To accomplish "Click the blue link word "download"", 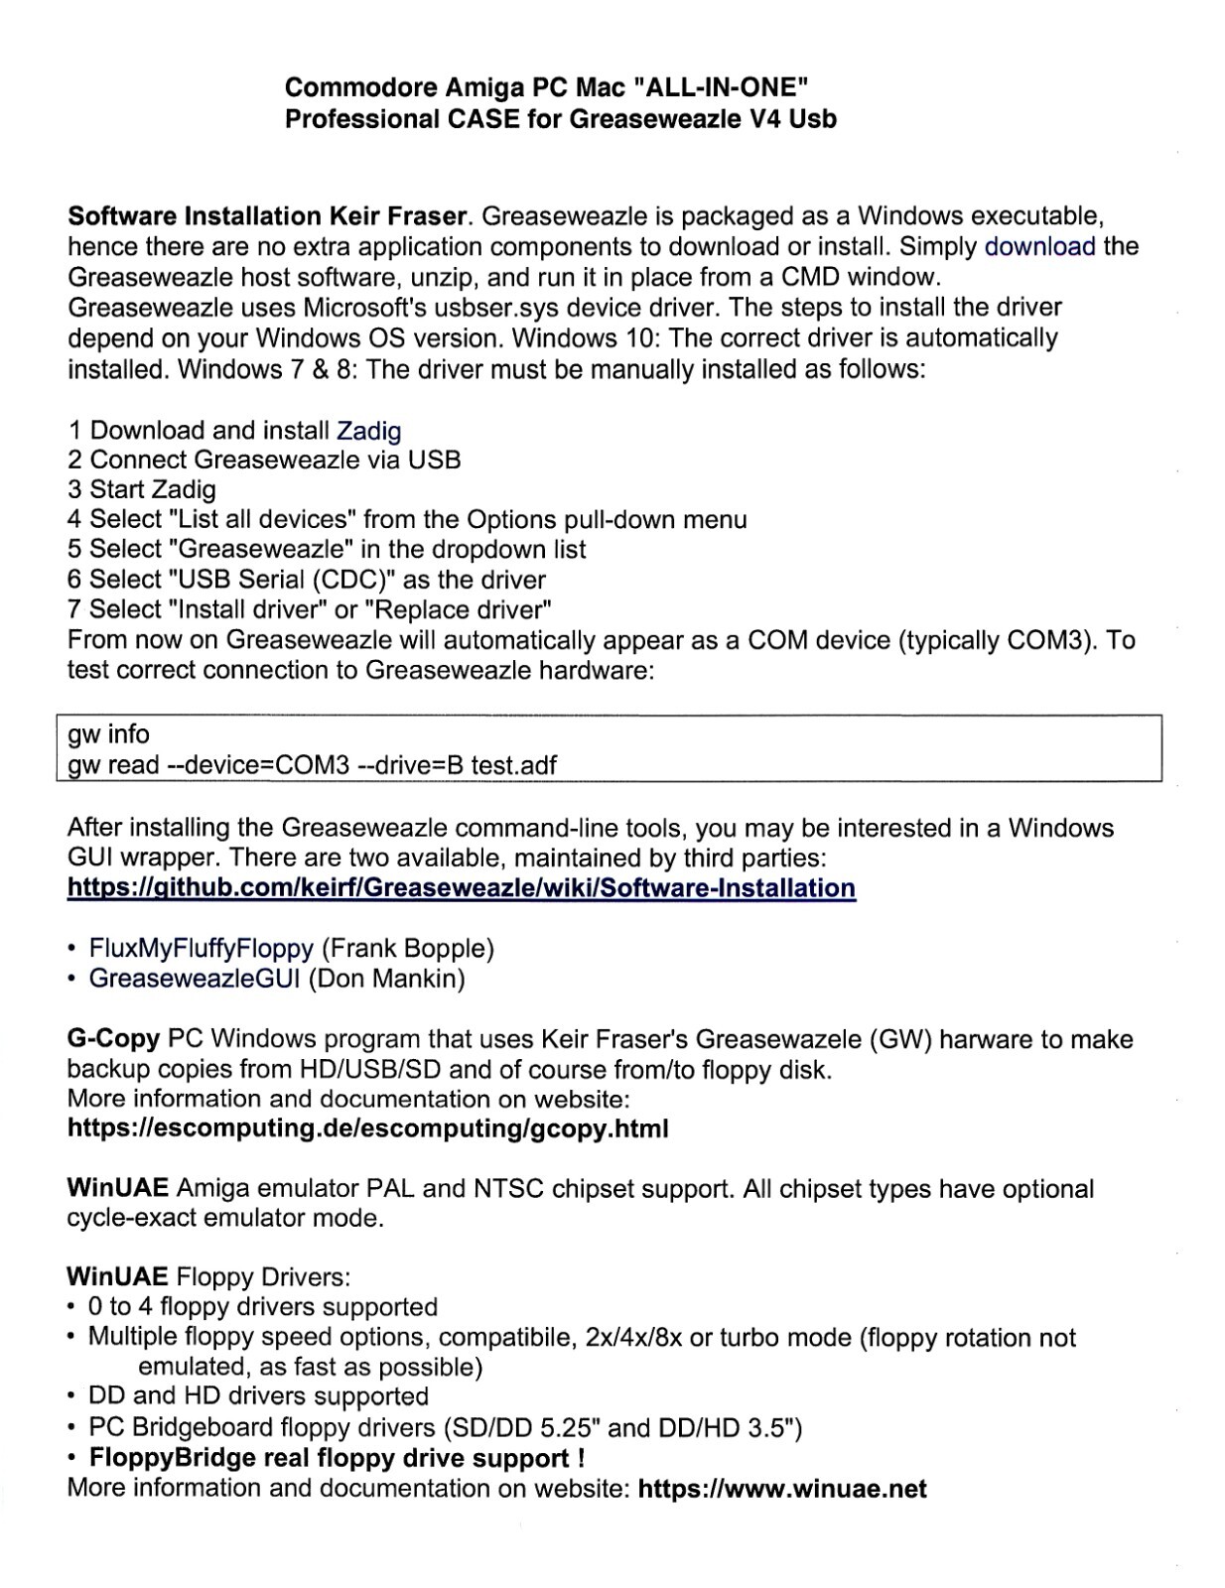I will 1039,247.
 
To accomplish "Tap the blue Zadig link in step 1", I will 369,431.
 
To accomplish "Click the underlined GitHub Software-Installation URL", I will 461,887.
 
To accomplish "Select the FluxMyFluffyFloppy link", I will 202,949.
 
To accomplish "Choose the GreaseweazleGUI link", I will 195,980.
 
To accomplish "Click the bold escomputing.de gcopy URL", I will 367,1129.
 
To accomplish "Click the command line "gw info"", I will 108,735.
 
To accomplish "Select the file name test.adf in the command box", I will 513,765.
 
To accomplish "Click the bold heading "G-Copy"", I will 113,1040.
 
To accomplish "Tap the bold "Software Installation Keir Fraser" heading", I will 267,216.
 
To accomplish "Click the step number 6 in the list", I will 74,580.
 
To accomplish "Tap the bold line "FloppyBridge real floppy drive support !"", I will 336,1459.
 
